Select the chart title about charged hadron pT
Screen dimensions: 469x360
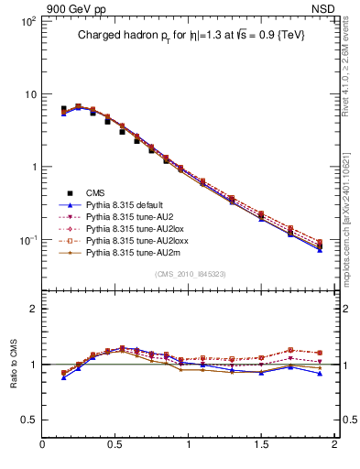[x=190, y=35]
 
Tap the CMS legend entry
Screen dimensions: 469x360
[x=96, y=192]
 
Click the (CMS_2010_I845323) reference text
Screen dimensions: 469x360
[x=190, y=273]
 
